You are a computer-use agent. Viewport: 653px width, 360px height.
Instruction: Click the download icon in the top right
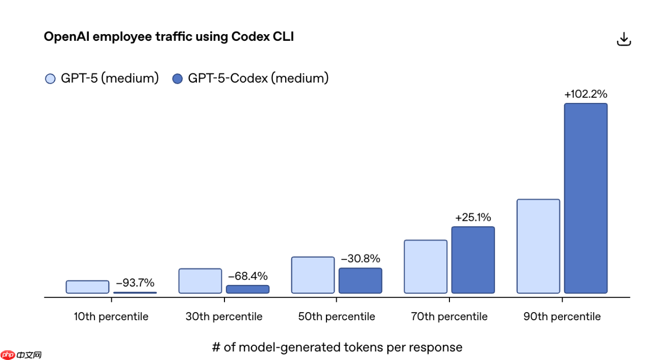[x=624, y=39]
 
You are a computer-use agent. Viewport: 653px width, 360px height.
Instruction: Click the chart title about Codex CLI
[x=168, y=37]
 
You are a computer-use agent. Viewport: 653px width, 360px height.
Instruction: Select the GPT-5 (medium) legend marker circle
[x=50, y=79]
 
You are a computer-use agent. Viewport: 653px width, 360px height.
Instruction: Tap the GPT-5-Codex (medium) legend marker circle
[x=178, y=79]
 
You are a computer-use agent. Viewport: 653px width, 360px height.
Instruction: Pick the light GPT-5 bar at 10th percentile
[x=87, y=287]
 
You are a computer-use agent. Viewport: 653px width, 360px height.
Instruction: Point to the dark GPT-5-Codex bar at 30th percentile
[x=247, y=289]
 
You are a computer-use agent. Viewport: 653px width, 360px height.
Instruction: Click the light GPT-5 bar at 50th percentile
[x=313, y=275]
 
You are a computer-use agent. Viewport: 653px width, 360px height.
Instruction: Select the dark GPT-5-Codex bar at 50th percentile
[x=360, y=280]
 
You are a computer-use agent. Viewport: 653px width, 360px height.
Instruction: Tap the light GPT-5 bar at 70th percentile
[x=425, y=267]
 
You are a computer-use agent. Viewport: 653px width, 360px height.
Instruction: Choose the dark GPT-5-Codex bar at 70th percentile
[x=473, y=260]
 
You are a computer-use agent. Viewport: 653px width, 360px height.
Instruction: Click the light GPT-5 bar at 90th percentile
[x=538, y=246]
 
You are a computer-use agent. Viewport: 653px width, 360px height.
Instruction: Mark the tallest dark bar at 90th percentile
[x=586, y=198]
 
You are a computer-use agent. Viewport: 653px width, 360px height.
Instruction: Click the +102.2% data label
[x=586, y=94]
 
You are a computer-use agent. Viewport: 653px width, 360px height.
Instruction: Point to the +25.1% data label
[x=473, y=218]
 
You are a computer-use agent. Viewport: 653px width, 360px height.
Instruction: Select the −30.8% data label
[x=360, y=259]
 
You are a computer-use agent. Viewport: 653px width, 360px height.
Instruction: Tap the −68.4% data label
[x=247, y=276]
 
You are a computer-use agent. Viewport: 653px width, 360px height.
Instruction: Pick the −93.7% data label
[x=135, y=283]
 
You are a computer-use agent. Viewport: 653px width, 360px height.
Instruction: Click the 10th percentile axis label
[x=111, y=317]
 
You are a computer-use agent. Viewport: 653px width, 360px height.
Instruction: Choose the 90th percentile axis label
[x=562, y=317]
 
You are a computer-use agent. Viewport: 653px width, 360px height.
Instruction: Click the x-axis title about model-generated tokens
[x=337, y=347]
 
